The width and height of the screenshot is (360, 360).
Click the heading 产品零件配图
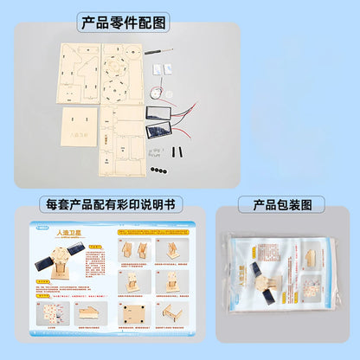124,22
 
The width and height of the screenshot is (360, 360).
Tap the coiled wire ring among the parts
157,89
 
